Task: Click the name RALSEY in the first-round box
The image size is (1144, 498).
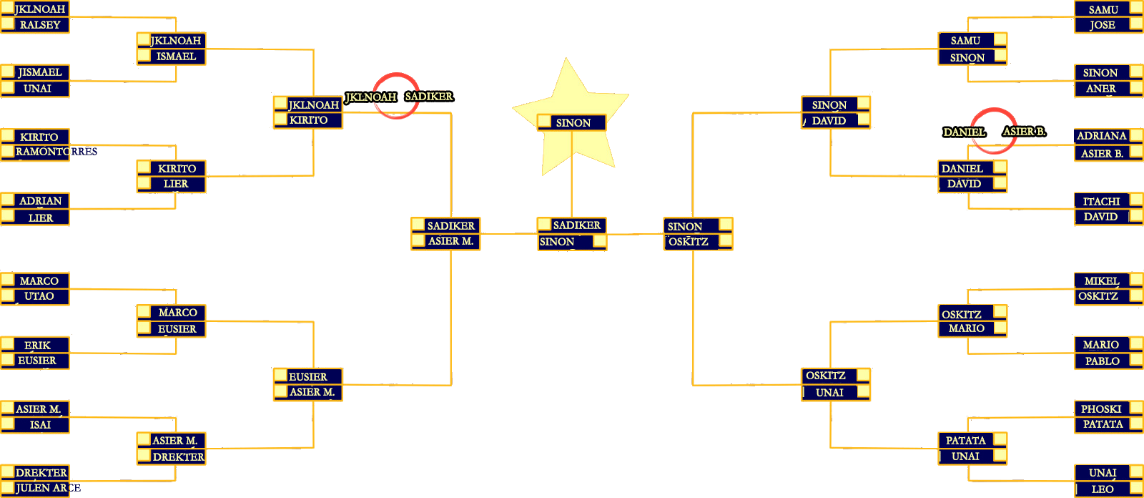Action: click(x=40, y=25)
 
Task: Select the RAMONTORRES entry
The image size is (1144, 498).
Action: click(x=56, y=152)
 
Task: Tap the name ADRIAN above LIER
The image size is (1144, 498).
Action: click(x=40, y=201)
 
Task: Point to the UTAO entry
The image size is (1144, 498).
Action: click(x=39, y=296)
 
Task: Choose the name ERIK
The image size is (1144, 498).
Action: click(x=37, y=346)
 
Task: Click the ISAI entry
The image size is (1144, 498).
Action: click(x=40, y=425)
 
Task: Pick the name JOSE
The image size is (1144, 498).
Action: click(x=1103, y=25)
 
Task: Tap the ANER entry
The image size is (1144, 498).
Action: click(x=1101, y=89)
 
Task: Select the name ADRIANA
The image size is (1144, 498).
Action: click(x=1101, y=136)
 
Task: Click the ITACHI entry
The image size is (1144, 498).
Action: click(x=1101, y=202)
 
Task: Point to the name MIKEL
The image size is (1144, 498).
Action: click(x=1101, y=281)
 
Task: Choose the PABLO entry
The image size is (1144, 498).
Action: click(x=1102, y=361)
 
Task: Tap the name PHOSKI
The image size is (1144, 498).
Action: click(x=1101, y=409)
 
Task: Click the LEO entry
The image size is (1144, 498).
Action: click(x=1102, y=489)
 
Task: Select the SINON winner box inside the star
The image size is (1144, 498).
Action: click(x=572, y=123)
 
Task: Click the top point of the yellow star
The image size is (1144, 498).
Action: click(x=567, y=60)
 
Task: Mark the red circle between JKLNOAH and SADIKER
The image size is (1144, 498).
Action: click(x=396, y=96)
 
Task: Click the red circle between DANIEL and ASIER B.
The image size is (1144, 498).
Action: click(x=994, y=131)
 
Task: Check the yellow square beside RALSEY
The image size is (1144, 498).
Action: click(x=8, y=24)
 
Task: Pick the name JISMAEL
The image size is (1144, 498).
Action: click(x=40, y=72)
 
